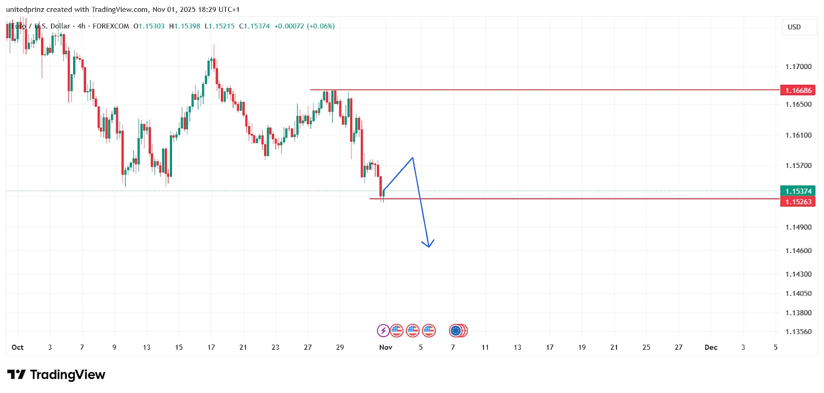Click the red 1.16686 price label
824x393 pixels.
(798, 91)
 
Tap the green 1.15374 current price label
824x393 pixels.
(798, 191)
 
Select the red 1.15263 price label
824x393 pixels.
(798, 202)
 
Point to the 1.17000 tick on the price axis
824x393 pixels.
(798, 66)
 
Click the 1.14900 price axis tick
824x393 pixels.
(798, 227)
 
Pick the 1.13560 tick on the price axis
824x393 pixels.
(798, 332)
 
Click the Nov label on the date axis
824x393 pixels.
(386, 348)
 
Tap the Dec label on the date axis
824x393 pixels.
(711, 348)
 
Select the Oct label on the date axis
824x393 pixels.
(18, 348)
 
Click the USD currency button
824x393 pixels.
(794, 27)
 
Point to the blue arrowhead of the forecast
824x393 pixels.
(428, 246)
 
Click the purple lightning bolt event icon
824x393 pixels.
(383, 331)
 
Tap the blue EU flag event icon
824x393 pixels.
(455, 331)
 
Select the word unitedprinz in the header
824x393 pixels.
(25, 9)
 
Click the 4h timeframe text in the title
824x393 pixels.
(81, 26)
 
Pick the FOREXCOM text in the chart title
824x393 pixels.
(111, 26)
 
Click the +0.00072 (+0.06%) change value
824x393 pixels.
(304, 26)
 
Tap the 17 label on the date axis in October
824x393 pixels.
(211, 348)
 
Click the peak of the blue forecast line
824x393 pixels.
(413, 158)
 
